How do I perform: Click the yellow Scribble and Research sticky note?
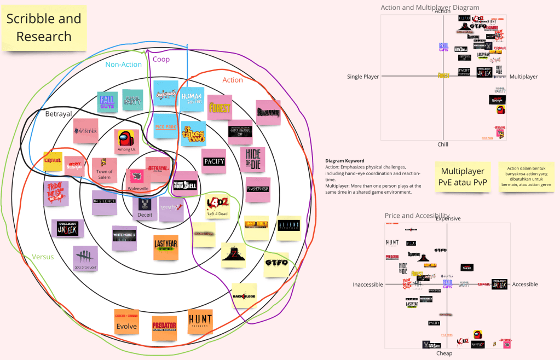tap(44, 28)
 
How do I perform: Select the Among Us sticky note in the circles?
tap(126, 142)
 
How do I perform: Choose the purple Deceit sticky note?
tap(145, 208)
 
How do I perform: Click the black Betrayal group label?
tap(58, 114)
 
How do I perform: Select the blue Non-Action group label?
tap(123, 65)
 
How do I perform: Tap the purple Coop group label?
tap(161, 59)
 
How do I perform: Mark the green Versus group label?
tap(43, 257)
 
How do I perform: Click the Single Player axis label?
tap(363, 77)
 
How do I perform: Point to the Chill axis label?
tap(442, 144)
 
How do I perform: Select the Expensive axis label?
tap(448, 219)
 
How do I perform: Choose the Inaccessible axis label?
tap(368, 284)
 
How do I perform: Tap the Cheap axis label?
tap(444, 353)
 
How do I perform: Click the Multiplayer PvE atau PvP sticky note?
tap(463, 176)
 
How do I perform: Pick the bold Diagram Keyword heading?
tap(344, 161)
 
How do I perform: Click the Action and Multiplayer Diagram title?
tap(430, 8)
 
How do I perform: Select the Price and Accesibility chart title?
tap(417, 216)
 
